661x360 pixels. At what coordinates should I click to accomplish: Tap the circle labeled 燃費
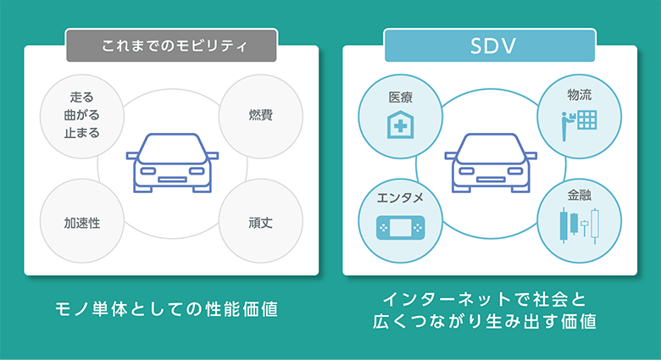(260, 115)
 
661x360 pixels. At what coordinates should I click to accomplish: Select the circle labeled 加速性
(82, 224)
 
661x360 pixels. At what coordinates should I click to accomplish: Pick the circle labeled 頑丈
(260, 224)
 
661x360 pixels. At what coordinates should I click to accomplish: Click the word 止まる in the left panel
(82, 132)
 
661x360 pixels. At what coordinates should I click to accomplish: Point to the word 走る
(82, 98)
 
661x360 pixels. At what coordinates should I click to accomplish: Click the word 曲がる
(82, 115)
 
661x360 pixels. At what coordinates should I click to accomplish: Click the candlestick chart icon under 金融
(579, 226)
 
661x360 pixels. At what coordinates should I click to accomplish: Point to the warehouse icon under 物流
(580, 119)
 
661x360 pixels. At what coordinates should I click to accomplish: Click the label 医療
(400, 97)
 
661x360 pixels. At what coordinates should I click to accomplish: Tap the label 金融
(580, 194)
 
